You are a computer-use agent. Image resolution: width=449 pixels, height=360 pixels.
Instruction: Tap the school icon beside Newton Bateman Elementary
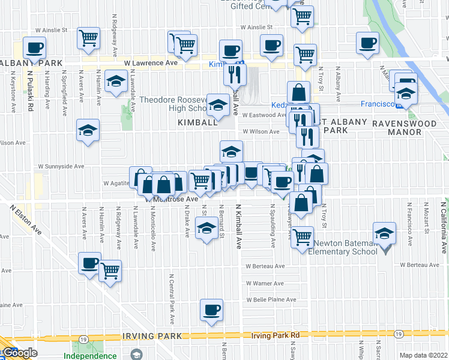385,233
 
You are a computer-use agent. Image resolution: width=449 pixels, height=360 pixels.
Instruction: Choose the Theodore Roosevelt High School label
173,104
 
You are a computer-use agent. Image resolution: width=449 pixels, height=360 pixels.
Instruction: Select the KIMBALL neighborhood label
197,122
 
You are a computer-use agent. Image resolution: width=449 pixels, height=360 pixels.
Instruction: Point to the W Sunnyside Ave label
61,166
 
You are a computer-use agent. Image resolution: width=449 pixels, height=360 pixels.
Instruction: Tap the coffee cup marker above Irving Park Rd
211,310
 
